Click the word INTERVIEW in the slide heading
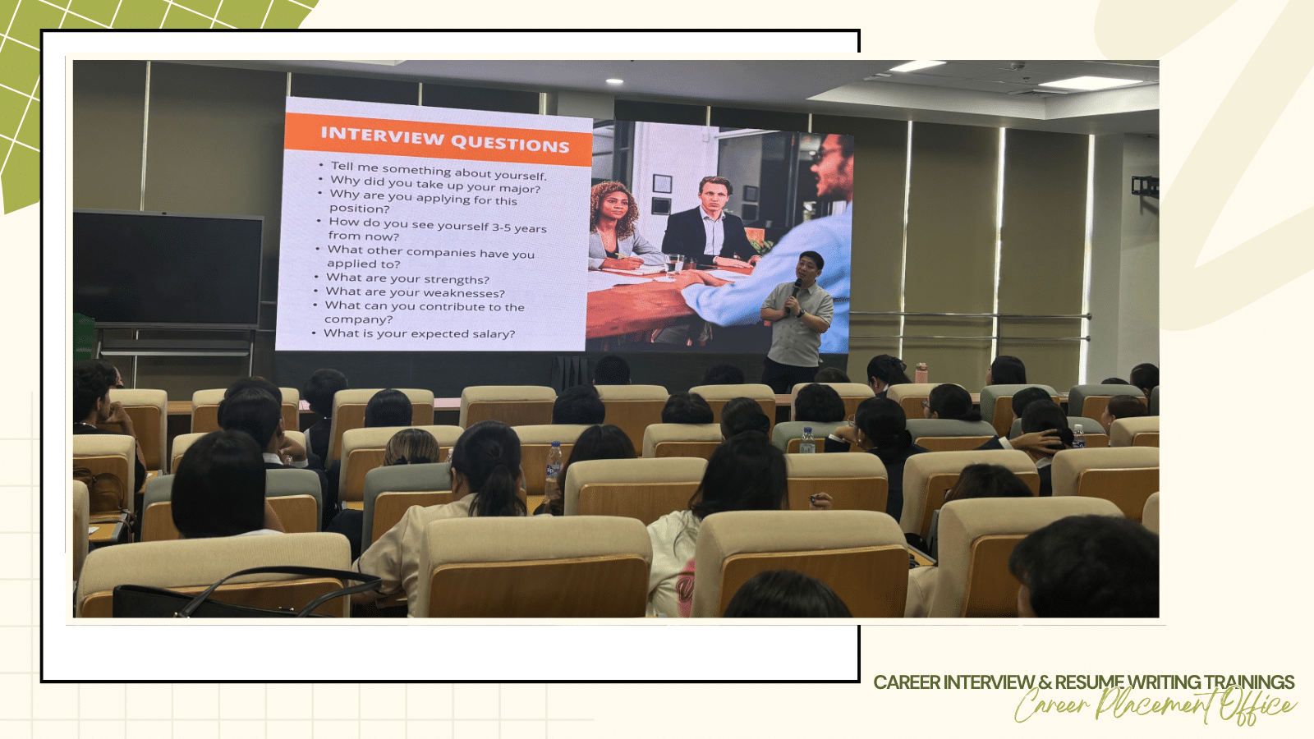[382, 136]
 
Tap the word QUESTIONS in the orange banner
[510, 143]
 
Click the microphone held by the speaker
[796, 288]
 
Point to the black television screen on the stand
[168, 269]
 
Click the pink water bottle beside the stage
[921, 373]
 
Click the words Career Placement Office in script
[1155, 705]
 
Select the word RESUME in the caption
[1089, 682]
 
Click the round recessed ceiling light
[614, 81]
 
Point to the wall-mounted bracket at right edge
[1145, 186]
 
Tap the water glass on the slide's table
[673, 264]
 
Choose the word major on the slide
[519, 189]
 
